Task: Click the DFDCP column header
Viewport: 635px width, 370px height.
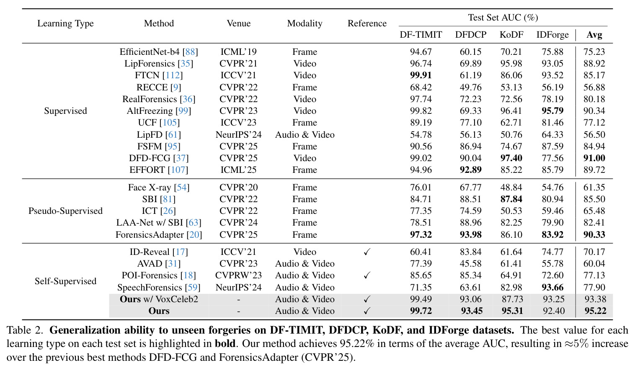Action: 470,35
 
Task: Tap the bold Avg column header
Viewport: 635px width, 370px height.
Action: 594,35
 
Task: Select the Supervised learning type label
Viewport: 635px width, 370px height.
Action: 65,111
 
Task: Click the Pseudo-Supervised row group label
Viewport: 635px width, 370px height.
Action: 65,211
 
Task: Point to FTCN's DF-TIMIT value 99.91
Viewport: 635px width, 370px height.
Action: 421,75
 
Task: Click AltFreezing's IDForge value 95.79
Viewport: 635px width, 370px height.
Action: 552,110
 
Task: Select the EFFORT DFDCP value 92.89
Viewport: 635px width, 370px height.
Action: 470,170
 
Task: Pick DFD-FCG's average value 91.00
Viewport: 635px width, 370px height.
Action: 594,158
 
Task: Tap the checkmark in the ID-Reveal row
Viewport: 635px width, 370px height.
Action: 367,252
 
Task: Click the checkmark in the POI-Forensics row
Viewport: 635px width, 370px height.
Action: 367,275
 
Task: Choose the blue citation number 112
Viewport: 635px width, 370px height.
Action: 173,75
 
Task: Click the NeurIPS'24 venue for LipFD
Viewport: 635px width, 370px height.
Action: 238,135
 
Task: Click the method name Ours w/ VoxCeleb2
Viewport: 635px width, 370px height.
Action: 159,299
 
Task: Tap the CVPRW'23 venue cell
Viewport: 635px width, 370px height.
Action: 238,275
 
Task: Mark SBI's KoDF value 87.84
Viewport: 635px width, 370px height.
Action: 511,199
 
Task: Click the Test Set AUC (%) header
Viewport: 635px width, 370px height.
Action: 503,18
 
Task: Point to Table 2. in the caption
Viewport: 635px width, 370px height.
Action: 25,330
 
